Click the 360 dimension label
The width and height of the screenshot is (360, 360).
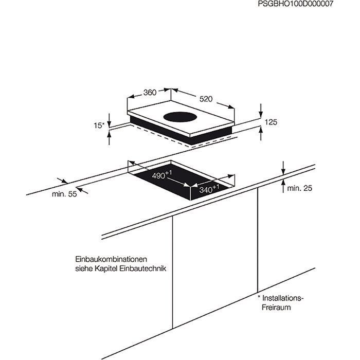[149, 93]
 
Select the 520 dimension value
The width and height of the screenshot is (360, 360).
[206, 99]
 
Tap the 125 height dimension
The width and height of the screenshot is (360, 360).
[271, 122]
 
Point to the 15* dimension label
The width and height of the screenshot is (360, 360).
[99, 125]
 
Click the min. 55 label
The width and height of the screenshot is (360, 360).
[64, 194]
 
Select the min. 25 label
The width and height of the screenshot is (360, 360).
[299, 189]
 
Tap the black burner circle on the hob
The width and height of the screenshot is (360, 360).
[179, 117]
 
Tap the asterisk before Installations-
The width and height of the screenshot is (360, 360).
[260, 297]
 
